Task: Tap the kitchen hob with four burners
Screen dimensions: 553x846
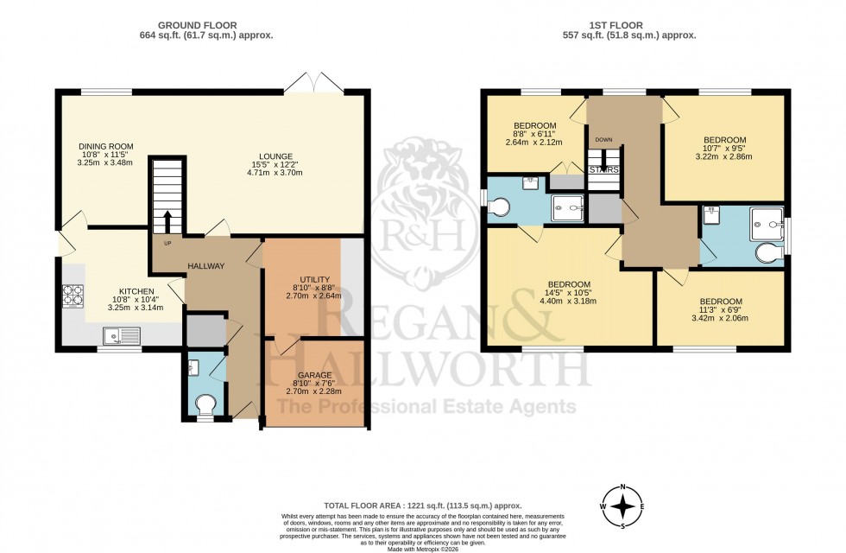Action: [x=73, y=296]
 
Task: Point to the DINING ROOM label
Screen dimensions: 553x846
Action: [x=104, y=147]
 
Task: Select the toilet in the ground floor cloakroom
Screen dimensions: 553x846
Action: [x=205, y=403]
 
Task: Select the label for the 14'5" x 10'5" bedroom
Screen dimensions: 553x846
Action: [x=569, y=285]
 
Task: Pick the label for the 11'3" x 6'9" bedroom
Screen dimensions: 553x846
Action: [x=721, y=302]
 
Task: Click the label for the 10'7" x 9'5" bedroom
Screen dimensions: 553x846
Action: [x=724, y=140]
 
